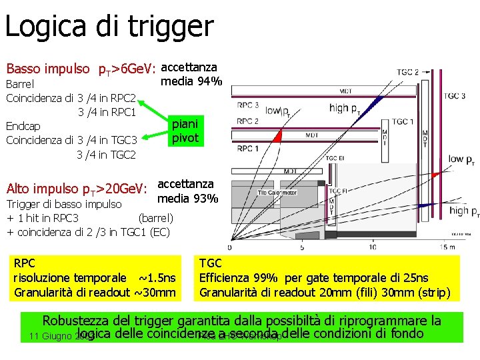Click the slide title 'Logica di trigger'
tap(109, 27)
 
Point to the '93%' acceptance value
tap(205, 198)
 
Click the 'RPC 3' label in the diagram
tap(247, 105)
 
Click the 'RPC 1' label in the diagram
tap(247, 148)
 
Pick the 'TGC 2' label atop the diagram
tap(407, 72)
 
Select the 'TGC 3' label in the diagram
tap(454, 95)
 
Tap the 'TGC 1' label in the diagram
tap(403, 121)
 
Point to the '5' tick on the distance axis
tap(303, 247)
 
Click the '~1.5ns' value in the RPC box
tap(157, 277)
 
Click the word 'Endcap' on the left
tap(23, 126)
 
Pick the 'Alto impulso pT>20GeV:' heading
tap(76, 189)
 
